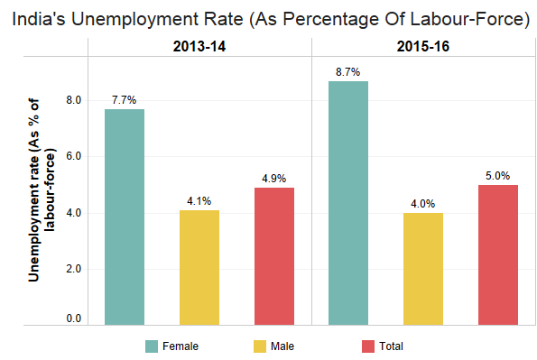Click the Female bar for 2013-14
125,217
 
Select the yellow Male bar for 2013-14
199,267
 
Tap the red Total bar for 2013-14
274,256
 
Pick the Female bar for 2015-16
348,203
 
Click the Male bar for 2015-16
423,269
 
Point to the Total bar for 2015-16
498,254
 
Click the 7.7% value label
124,100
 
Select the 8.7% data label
348,72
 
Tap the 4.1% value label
199,201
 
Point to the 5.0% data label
497,176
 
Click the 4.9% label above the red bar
274,179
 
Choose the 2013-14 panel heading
199,47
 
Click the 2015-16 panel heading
423,47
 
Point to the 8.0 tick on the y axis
74,100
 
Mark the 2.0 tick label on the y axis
74,269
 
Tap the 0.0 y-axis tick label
74,318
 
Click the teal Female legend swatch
152,346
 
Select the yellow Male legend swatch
260,346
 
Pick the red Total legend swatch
368,346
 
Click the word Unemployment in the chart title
157,19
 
